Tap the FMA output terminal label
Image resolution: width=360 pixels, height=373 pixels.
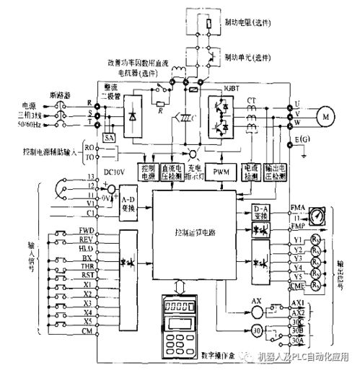pyautogui.click(x=298, y=207)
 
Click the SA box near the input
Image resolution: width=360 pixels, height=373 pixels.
pyautogui.click(x=110, y=135)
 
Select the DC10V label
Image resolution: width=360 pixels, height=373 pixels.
pyautogui.click(x=114, y=172)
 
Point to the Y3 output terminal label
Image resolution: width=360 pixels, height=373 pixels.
pyautogui.click(x=297, y=256)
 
